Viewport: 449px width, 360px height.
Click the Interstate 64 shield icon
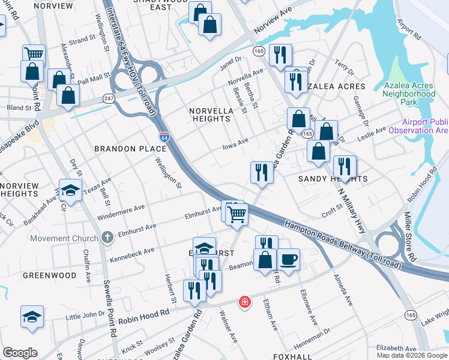[163, 137]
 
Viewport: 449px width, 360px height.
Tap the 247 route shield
[109, 98]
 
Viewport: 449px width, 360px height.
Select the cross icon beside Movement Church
[107, 238]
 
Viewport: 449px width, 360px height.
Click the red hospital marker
[244, 301]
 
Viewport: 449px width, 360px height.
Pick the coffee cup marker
[289, 259]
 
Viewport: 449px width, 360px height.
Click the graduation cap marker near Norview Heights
[71, 191]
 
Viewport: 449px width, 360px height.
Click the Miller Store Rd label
[409, 236]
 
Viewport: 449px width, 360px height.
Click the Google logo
[20, 353]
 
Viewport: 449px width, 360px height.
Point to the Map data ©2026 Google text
[412, 355]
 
